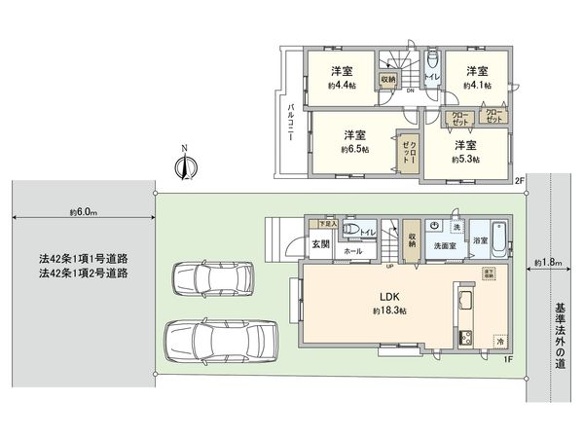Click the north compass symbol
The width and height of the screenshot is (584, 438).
pos(183,164)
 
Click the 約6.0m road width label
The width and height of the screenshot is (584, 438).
pos(82,213)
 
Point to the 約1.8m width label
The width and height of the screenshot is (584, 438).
pos(548,262)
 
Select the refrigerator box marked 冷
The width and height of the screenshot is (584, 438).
pos(500,342)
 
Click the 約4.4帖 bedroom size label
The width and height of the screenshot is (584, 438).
pos(340,86)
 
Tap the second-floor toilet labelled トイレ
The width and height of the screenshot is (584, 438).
pos(430,72)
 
